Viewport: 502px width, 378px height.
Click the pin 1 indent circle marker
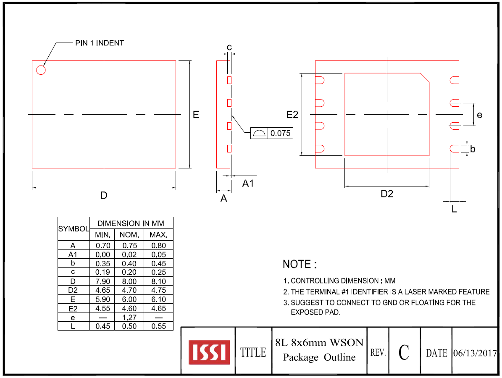pos(41,70)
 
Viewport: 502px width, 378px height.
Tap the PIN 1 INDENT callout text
pos(100,43)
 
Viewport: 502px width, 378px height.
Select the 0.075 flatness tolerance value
pos(280,134)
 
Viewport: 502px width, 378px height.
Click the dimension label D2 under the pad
pos(386,194)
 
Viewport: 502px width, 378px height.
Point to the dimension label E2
pos(292,115)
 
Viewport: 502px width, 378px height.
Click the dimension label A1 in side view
pos(248,183)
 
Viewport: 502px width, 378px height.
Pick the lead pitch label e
pos(479,114)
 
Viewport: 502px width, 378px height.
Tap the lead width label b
pos(473,149)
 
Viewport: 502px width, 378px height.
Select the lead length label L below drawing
pos(454,209)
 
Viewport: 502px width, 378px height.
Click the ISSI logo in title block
pos(209,352)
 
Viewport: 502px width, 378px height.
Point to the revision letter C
pos(404,352)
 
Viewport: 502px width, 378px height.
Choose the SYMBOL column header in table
pos(74,229)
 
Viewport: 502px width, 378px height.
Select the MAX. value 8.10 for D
pos(158,281)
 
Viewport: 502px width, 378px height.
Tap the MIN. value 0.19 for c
pos(103,272)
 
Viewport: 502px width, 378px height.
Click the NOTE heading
pos(300,265)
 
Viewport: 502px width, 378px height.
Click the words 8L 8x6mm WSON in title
pos(319,342)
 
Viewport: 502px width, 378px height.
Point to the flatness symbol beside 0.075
pos(259,134)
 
